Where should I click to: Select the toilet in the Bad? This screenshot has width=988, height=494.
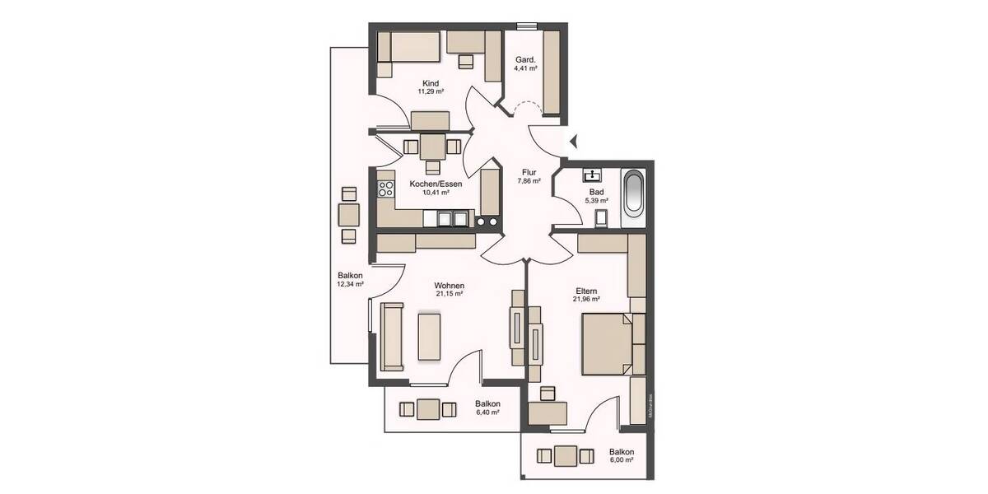pos(600,217)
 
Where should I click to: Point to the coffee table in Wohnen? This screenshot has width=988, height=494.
pos(431,335)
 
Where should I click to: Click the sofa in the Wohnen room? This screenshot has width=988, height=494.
pos(391,336)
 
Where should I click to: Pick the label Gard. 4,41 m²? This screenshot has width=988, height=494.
pos(525,64)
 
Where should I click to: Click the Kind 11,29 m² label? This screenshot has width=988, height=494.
pos(431,87)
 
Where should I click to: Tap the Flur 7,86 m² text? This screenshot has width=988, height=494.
pos(529,176)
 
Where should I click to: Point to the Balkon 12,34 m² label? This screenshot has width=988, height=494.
pos(350,280)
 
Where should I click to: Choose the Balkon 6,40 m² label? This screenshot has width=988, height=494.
pos(487,408)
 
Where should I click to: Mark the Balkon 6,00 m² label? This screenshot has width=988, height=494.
pos(622,456)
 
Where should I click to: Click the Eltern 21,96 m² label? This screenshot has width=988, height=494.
pos(586,295)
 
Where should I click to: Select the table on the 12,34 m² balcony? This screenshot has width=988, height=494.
pos(349,216)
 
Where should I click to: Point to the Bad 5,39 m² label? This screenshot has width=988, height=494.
pos(596,196)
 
